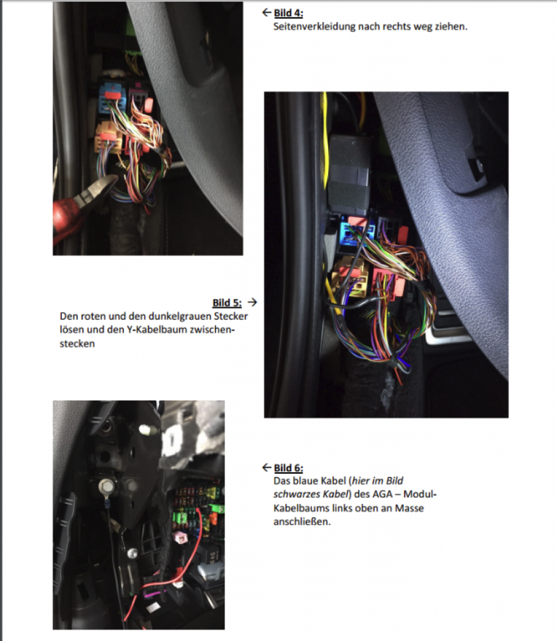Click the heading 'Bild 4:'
pos(288,13)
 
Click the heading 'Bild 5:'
pos(227,302)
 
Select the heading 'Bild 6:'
pos(288,468)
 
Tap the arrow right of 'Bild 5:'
pos(253,302)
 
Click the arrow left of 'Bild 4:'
pos(266,13)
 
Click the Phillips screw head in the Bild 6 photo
pos(133,553)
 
